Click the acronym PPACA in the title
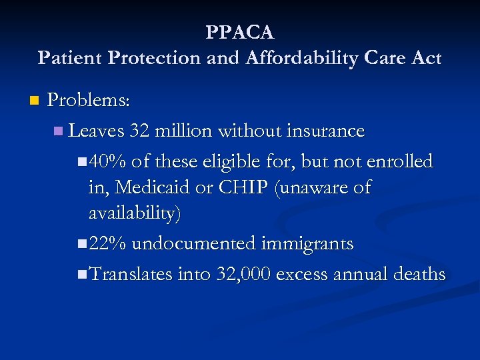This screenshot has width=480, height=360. pyautogui.click(x=240, y=32)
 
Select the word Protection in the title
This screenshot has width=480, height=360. pyautogui.click(x=144, y=59)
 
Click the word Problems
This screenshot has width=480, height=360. pyautogui.click(x=89, y=101)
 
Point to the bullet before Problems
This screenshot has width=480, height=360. pyautogui.click(x=34, y=101)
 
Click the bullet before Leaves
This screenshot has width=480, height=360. pyautogui.click(x=59, y=131)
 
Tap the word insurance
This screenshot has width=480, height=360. pyautogui.click(x=325, y=131)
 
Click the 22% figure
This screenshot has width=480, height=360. pyautogui.click(x=107, y=243)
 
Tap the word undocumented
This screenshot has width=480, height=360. pyautogui.click(x=193, y=243)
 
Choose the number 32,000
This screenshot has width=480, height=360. pyautogui.click(x=243, y=274)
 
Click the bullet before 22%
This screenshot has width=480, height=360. pyautogui.click(x=81, y=244)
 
